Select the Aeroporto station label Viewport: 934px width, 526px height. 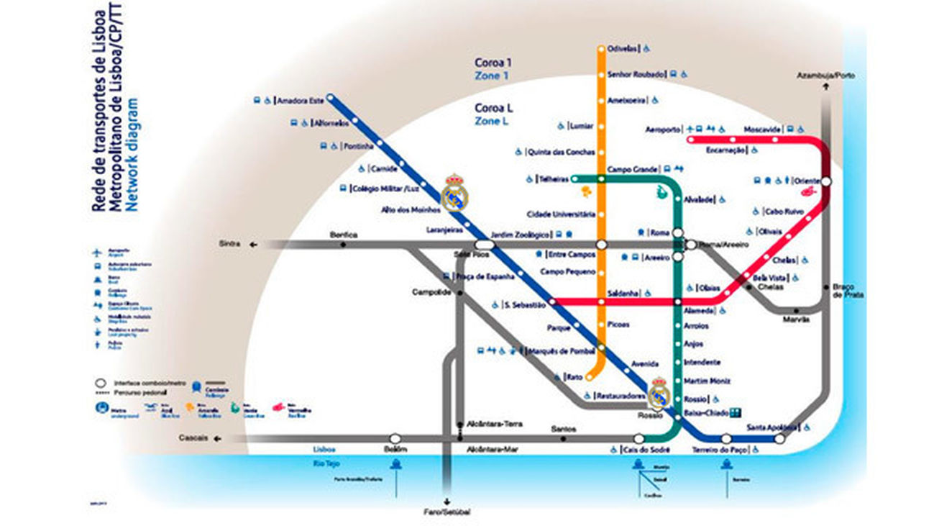point(663,130)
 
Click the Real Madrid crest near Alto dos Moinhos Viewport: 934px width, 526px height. point(454,193)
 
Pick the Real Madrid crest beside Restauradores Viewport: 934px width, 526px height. point(659,394)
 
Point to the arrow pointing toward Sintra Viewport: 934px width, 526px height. point(253,245)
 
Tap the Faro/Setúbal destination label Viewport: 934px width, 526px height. point(447,512)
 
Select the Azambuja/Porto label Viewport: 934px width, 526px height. point(825,76)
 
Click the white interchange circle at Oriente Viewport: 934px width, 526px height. point(825,182)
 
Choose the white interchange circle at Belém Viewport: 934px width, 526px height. point(395,437)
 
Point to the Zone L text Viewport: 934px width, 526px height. point(492,122)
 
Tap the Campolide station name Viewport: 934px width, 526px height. point(431,292)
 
